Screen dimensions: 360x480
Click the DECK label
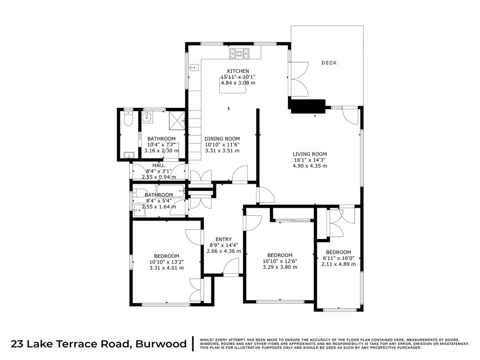tap(329, 63)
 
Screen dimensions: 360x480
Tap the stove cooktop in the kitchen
tap(240, 54)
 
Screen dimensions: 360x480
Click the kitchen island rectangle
tap(233, 86)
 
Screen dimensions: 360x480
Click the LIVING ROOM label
tap(310, 154)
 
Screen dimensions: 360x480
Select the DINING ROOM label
tap(222, 139)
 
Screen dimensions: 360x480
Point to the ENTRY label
tap(224, 239)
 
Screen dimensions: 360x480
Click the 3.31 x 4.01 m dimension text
tap(167, 268)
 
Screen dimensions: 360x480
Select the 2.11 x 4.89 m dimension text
tap(338, 264)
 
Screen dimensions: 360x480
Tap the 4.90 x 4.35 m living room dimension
tap(310, 166)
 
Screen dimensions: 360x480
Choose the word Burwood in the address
tap(161, 344)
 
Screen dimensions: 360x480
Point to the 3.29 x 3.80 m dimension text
tap(280, 267)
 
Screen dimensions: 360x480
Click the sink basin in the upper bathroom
tap(147, 116)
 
